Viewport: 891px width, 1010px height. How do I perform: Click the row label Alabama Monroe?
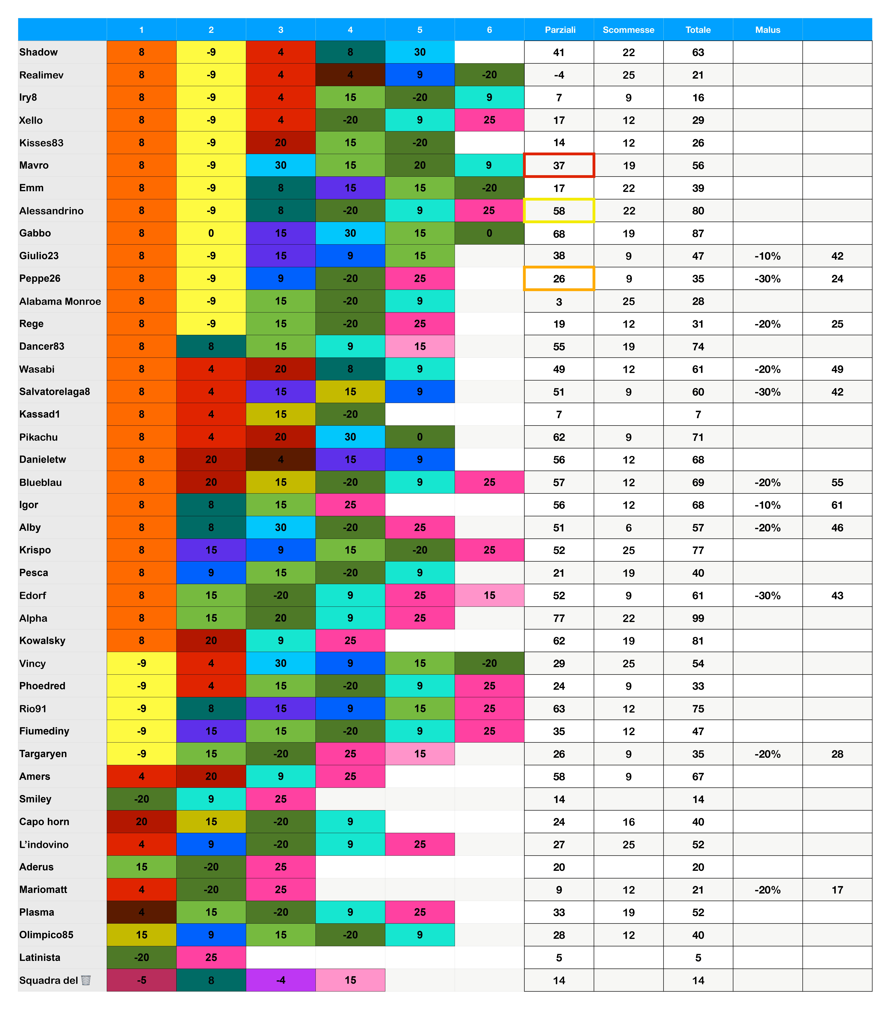[x=60, y=301]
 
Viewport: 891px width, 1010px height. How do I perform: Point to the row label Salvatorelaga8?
[x=54, y=392]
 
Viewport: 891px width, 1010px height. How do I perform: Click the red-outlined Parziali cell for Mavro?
[x=559, y=165]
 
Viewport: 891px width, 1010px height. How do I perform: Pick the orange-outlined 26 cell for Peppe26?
[x=559, y=279]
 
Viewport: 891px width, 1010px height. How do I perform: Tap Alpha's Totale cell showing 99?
[x=698, y=618]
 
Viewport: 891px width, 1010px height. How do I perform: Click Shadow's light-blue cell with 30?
[x=420, y=52]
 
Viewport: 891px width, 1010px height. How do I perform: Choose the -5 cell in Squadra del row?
[x=141, y=980]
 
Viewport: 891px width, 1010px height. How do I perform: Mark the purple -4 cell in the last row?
[x=281, y=980]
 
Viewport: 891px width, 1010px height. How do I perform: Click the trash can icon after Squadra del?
[x=86, y=980]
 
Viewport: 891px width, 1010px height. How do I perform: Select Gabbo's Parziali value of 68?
[x=559, y=234]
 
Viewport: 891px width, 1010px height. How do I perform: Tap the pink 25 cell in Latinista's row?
[x=211, y=957]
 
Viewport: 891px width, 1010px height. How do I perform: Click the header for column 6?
[x=489, y=30]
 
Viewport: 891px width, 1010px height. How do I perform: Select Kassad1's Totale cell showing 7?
[x=698, y=415]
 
